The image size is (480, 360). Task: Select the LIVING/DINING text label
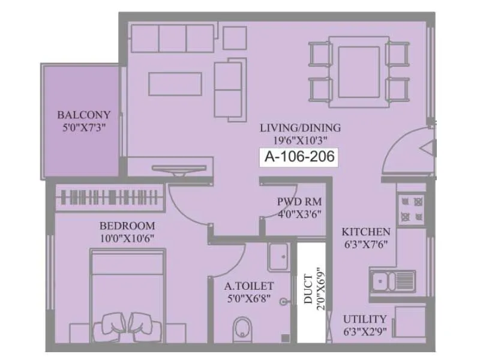coord(300,128)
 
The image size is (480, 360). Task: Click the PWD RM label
coord(293,202)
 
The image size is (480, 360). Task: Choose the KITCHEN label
coord(366,232)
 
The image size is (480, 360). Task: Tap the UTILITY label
coord(365,319)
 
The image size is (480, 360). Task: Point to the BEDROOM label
coord(127,226)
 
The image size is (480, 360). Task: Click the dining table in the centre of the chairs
coord(358,71)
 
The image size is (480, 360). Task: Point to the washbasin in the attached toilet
coord(280,256)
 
